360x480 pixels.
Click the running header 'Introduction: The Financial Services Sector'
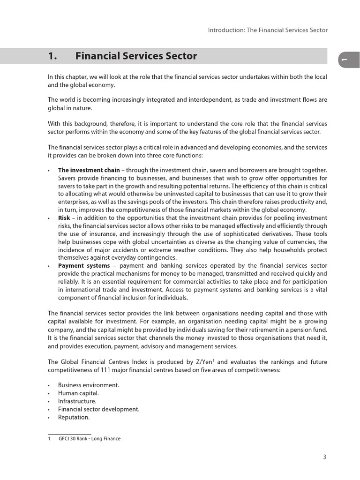point(268,30)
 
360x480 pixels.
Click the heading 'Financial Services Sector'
point(136,56)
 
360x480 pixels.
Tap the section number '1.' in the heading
point(52,56)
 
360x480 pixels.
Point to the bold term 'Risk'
point(64,218)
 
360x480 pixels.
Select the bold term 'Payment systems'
point(83,266)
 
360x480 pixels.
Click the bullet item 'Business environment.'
point(89,385)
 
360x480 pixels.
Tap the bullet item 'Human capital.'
point(78,393)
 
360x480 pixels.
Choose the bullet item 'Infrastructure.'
point(77,401)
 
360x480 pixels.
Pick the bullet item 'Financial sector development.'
point(99,409)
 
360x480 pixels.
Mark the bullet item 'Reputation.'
point(74,417)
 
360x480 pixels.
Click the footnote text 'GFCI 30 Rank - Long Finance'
point(90,439)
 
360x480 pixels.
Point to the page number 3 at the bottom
point(324,457)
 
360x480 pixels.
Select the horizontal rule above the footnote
point(69,434)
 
